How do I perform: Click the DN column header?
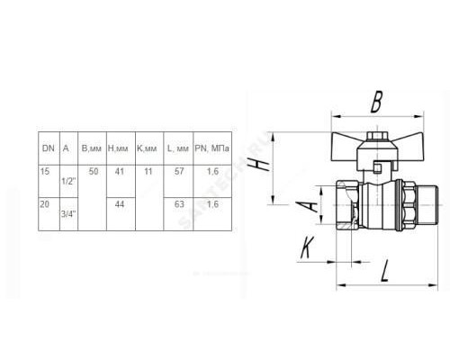tap(49, 148)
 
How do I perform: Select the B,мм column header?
tap(92, 148)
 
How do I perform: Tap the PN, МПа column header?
tap(212, 148)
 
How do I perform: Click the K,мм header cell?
tap(147, 148)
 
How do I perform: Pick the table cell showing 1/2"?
tap(68, 181)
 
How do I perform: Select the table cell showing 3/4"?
tap(68, 214)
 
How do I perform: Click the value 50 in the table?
tap(94, 171)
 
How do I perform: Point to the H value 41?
tap(120, 171)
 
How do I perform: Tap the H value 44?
tap(120, 204)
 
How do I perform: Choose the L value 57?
tap(179, 171)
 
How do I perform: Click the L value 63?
tap(179, 204)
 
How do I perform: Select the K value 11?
tap(148, 171)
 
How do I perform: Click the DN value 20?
tap(44, 204)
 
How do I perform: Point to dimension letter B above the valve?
tap(376, 102)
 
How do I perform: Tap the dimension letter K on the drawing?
tap(307, 247)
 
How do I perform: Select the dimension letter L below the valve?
tap(385, 271)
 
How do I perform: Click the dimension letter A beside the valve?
tap(306, 206)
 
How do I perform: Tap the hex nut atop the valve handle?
tap(377, 136)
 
